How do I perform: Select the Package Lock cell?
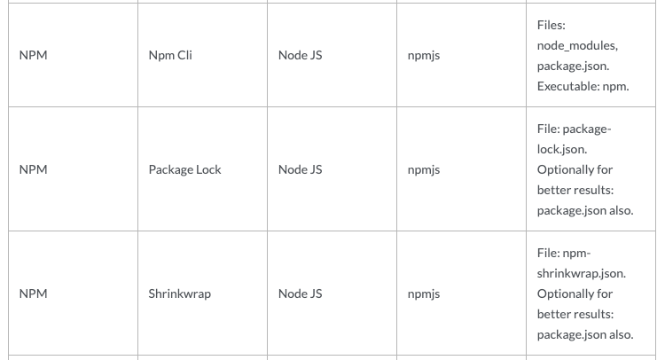(184, 169)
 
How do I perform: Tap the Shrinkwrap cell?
(179, 293)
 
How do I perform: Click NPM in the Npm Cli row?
(33, 55)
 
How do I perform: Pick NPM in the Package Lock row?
(33, 169)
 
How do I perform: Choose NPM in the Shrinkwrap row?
(33, 293)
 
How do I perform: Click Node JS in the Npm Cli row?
(300, 55)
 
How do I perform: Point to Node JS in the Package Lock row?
(300, 169)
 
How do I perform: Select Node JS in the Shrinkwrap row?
(300, 293)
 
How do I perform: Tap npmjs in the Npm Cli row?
(424, 55)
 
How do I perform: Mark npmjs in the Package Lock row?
(424, 169)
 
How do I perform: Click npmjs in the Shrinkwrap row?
(424, 293)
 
